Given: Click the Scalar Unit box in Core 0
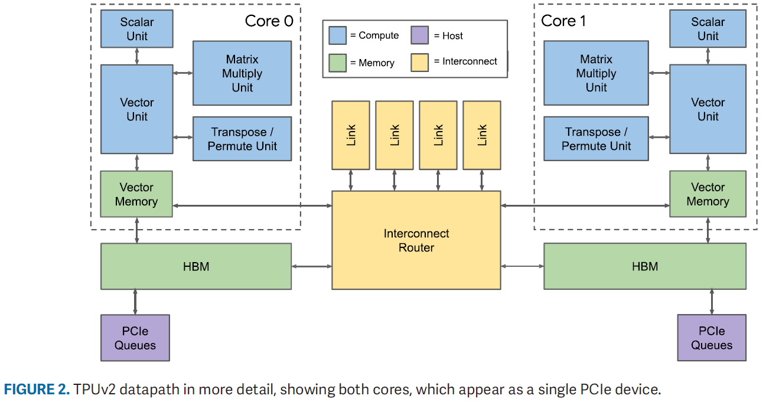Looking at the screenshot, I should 136,29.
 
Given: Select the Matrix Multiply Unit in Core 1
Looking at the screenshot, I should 596,73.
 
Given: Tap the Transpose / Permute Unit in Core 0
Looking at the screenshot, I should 242,139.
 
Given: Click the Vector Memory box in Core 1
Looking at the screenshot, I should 708,194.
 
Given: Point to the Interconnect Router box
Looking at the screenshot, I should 416,240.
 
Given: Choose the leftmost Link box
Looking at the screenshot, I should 351,135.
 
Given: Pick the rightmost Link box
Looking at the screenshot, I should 482,135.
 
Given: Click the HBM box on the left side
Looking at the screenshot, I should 195,266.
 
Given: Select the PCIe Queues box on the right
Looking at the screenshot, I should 711,338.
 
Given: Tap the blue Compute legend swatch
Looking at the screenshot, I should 337,35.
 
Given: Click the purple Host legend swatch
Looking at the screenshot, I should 419,35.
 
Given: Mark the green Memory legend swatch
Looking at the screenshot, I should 337,63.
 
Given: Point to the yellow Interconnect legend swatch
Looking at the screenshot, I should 419,63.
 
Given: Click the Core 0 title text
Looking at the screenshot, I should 269,21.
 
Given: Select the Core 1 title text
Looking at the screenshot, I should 563,21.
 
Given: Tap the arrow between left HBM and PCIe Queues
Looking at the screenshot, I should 135,302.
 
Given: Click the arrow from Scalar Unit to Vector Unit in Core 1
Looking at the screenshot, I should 708,56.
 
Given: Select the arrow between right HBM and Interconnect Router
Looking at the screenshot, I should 522,267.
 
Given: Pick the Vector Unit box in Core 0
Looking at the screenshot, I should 136,109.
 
